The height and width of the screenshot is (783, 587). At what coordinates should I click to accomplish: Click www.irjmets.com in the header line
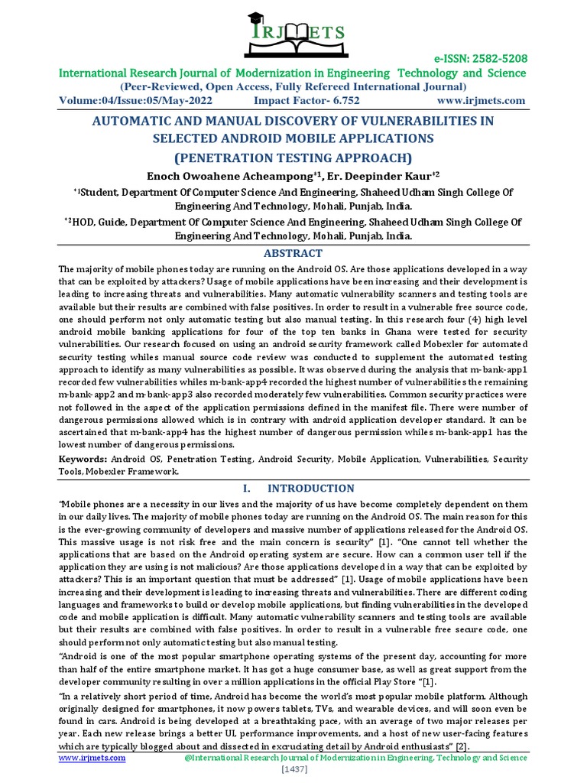tap(481, 100)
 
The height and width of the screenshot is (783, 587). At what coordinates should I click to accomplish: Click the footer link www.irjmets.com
tap(92, 758)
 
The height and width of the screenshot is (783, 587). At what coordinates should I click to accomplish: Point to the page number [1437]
tap(293, 770)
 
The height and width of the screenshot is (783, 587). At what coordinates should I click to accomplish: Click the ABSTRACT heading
tap(293, 253)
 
